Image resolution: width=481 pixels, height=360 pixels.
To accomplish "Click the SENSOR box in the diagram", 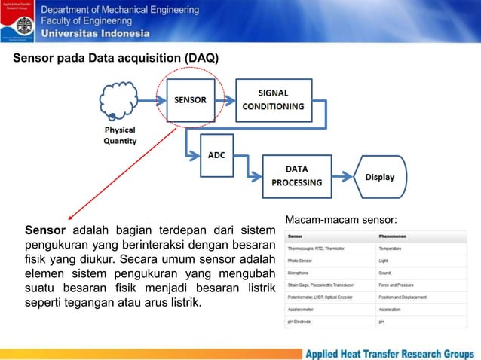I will (x=191, y=100).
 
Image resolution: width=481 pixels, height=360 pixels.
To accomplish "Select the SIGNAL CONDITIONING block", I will (x=273, y=99).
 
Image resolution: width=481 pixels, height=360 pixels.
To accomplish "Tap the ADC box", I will (x=217, y=155).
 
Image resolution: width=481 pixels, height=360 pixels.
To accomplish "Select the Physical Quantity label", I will (x=120, y=136).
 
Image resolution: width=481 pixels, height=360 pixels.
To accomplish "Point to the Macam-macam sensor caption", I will (x=341, y=220).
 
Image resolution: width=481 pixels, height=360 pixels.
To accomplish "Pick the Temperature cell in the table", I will (x=391, y=248).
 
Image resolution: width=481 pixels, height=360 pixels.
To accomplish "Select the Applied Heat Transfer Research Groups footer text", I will (x=389, y=352).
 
